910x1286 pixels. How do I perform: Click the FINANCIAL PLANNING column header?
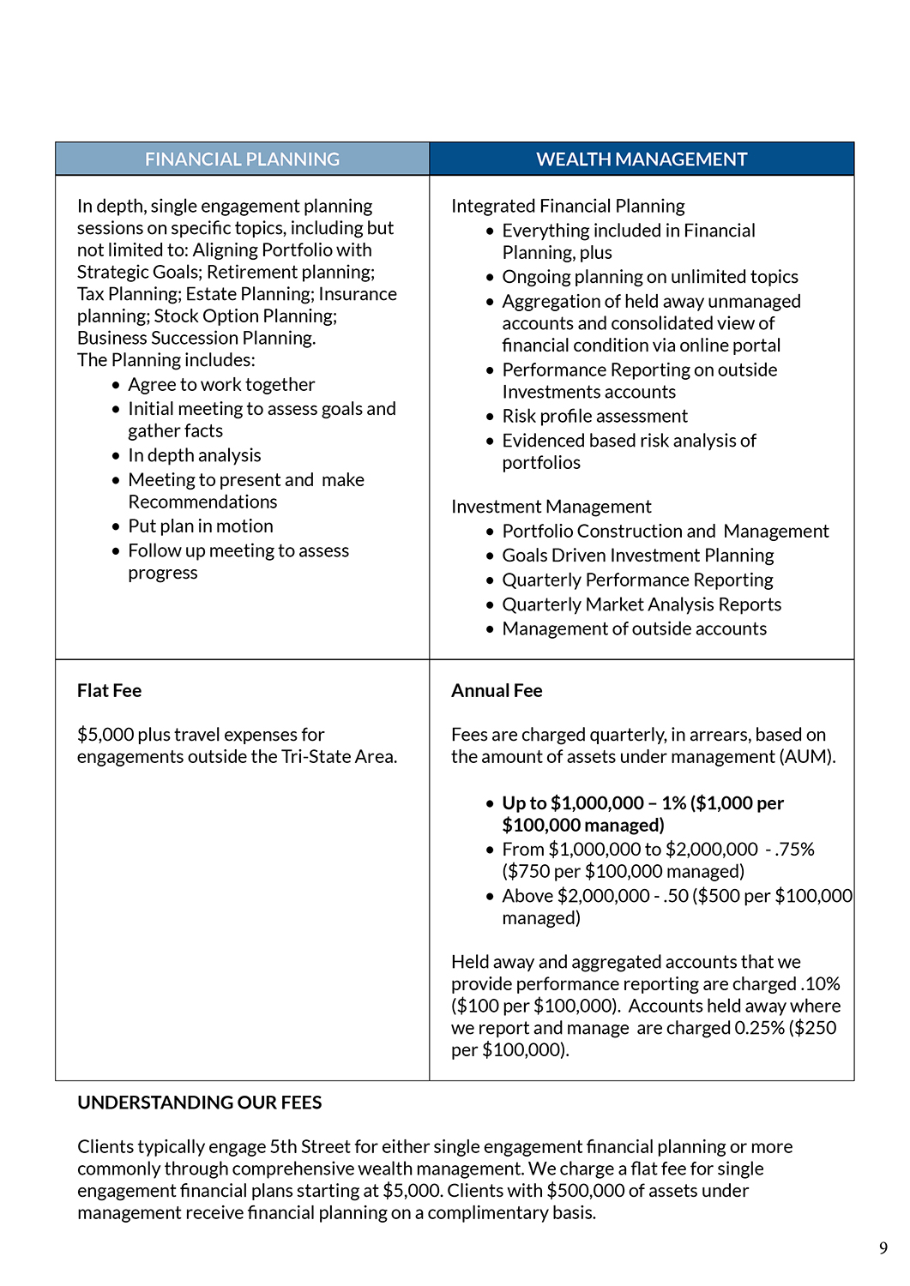pos(242,159)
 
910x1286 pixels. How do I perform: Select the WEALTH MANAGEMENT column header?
pos(642,159)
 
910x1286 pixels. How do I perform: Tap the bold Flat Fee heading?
pos(109,691)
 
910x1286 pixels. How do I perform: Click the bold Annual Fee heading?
pos(497,691)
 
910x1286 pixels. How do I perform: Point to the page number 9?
pos(883,1248)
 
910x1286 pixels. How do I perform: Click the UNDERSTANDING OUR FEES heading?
pos(199,1103)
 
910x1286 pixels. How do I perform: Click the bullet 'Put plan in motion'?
pos(201,526)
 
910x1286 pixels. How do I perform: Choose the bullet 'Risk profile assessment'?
pos(594,417)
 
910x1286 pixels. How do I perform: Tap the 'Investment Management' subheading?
pos(551,507)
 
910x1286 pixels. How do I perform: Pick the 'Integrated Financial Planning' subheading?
pos(568,207)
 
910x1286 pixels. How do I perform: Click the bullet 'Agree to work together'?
pos(221,385)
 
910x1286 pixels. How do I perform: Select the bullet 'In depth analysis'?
pos(195,456)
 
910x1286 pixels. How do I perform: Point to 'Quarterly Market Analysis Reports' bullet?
pos(642,605)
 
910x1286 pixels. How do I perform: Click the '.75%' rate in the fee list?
pos(795,850)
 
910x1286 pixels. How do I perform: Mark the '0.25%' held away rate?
pos(759,1028)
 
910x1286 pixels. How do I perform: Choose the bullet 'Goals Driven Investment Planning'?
pos(637,556)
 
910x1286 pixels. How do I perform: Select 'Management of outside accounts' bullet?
pos(634,629)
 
